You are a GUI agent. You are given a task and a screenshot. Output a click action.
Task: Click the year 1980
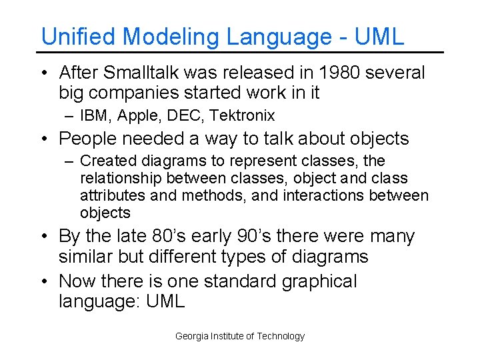pos(335,72)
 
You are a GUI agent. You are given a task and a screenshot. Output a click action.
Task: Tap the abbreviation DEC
pos(185,116)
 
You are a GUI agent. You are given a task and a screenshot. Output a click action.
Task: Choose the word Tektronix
pos(242,116)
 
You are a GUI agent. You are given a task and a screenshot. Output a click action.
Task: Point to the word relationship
pos(121,179)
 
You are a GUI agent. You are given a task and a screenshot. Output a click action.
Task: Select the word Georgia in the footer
pos(191,337)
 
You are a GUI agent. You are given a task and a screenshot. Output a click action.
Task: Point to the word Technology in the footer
pos(280,337)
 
